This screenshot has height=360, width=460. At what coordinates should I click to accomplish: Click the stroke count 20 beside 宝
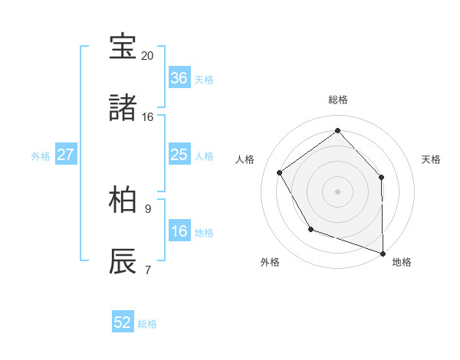[x=148, y=56]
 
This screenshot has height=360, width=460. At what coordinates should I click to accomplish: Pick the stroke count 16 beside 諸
[x=148, y=117]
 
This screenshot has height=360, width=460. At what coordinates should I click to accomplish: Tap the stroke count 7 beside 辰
[x=148, y=270]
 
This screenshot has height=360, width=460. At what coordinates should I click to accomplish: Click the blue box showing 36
[x=179, y=78]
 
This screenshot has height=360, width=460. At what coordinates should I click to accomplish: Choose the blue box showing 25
[x=179, y=155]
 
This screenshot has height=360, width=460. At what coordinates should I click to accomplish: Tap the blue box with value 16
[x=179, y=231]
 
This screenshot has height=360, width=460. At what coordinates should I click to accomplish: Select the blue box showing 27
[x=65, y=155]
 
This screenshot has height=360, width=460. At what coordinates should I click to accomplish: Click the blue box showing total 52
[x=123, y=322]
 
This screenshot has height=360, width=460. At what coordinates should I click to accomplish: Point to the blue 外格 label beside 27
[x=41, y=156]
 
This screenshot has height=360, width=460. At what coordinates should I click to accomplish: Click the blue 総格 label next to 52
[x=147, y=324]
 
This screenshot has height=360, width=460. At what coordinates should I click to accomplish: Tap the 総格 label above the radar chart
[x=338, y=100]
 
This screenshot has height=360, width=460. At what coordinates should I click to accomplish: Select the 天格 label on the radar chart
[x=432, y=159]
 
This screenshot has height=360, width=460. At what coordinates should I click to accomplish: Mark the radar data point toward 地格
[x=383, y=252]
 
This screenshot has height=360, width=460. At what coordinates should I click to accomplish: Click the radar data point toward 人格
[x=280, y=172]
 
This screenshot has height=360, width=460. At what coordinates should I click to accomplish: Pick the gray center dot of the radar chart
[x=337, y=191]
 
